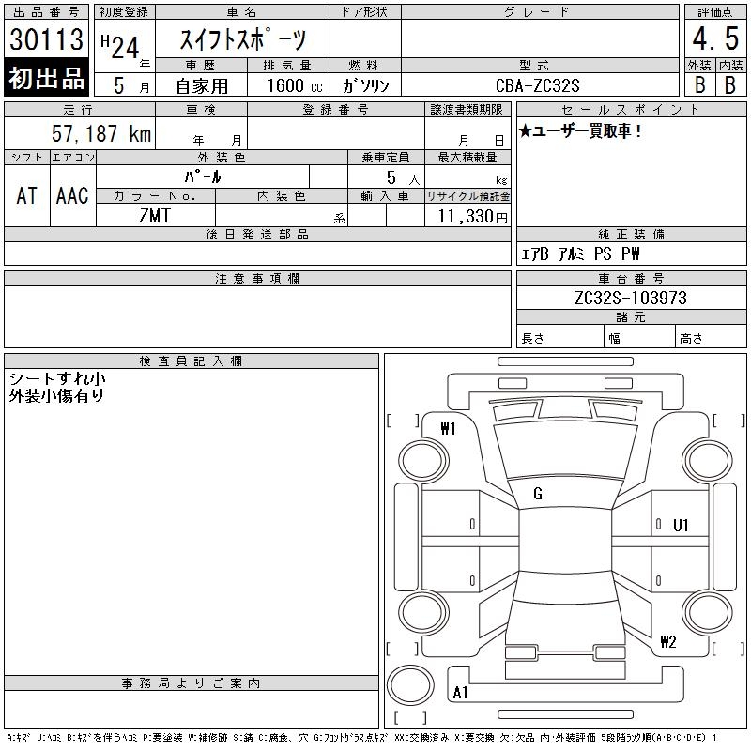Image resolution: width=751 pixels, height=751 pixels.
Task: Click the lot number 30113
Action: [46, 39]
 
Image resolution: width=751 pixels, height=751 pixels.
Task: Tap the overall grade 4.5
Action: [715, 38]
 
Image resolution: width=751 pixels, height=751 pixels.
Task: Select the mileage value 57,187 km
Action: [101, 133]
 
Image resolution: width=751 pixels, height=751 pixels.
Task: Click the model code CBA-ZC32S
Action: [537, 85]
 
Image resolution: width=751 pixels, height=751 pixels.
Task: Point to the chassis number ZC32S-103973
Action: [631, 298]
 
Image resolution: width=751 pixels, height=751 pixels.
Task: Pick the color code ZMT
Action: [155, 216]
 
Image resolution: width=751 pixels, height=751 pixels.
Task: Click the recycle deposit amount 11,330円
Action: [473, 217]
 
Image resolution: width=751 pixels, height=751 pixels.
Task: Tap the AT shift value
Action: [26, 195]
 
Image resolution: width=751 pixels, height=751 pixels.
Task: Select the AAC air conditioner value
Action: [72, 195]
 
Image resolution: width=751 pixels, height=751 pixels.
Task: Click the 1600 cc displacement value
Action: [295, 85]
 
